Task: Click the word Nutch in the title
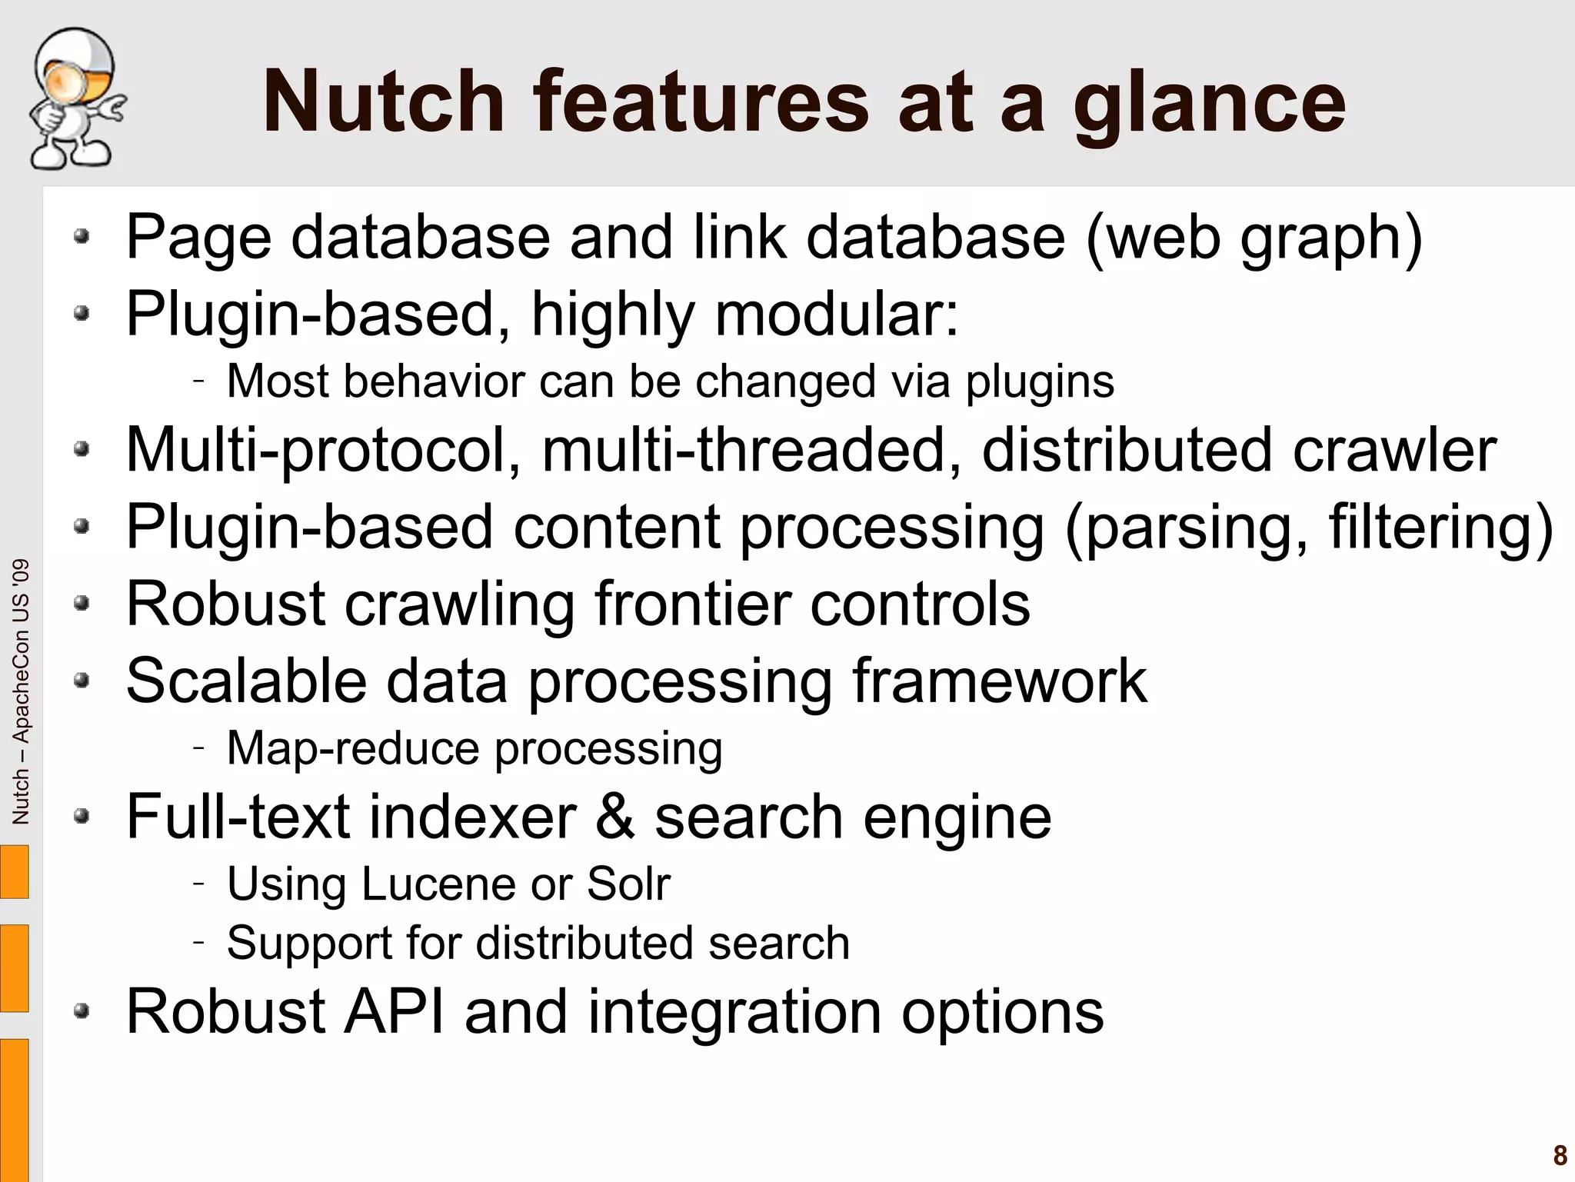(384, 102)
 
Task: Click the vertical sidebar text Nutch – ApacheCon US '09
(21, 691)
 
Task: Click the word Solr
(628, 884)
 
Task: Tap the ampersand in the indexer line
(615, 817)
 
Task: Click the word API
(395, 1011)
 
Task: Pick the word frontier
(693, 604)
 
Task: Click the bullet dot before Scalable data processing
(82, 681)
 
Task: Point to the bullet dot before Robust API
(82, 1011)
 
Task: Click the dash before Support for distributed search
(199, 941)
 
